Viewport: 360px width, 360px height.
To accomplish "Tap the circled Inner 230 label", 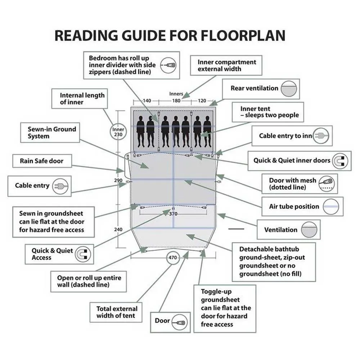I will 118,132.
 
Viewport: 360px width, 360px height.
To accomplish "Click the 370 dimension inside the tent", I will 174,214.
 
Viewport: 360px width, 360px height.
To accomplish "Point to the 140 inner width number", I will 147,101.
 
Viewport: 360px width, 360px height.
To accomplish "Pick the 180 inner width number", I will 176,101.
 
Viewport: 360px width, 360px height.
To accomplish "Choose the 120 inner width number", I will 202,101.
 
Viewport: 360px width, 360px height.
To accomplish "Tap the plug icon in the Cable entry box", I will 58,186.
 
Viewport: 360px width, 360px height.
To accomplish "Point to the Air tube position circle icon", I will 331,207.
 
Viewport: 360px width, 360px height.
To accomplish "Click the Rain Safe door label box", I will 42,161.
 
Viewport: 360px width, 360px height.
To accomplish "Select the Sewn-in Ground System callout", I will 52,132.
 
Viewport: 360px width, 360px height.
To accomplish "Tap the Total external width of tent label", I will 117,312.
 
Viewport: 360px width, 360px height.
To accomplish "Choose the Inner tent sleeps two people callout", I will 270,112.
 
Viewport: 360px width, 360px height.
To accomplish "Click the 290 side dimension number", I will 118,180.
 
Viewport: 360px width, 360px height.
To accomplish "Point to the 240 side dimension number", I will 118,229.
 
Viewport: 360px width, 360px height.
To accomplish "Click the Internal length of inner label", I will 82,99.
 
